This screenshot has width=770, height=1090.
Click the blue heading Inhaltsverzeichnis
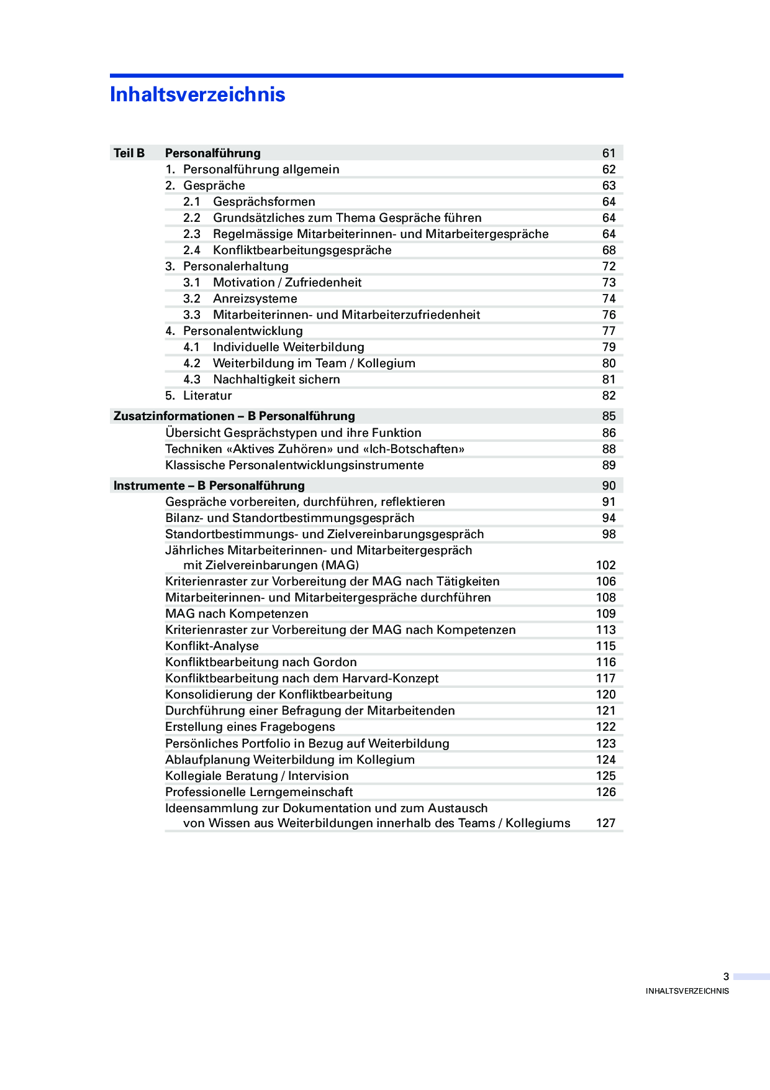click(197, 94)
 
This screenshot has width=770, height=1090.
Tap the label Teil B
click(129, 153)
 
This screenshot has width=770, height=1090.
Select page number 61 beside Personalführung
click(609, 153)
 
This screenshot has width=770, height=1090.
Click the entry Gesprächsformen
click(264, 201)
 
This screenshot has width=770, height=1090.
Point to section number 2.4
click(191, 250)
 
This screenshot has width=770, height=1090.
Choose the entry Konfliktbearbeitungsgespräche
click(302, 250)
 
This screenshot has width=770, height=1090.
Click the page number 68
click(609, 250)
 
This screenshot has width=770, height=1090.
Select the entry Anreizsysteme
click(255, 298)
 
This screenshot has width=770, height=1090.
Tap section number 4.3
click(191, 379)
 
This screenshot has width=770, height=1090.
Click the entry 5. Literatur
click(199, 395)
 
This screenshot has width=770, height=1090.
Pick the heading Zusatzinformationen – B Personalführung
click(234, 416)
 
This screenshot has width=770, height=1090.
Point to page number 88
click(609, 449)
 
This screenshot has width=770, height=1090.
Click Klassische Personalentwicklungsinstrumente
click(294, 465)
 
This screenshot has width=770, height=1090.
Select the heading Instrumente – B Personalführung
click(209, 485)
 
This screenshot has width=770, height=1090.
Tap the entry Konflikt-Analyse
click(212, 646)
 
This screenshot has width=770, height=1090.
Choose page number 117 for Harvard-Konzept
click(605, 678)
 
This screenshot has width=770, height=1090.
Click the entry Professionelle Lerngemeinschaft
click(259, 792)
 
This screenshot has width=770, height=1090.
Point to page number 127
click(605, 823)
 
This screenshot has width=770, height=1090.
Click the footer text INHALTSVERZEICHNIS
click(687, 991)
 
